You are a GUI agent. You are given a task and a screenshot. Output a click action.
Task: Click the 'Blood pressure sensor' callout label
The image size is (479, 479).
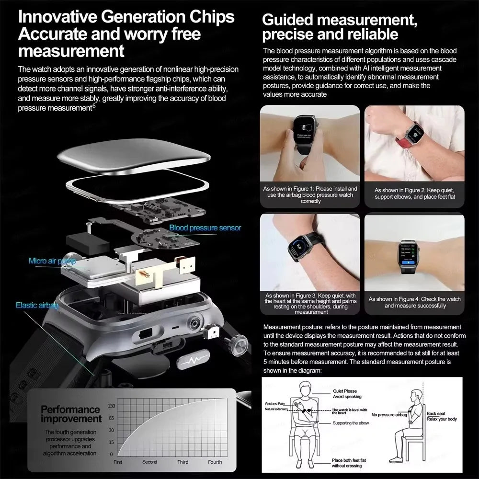pos(205,228)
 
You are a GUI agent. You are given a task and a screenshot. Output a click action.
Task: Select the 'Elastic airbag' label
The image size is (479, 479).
pos(37,305)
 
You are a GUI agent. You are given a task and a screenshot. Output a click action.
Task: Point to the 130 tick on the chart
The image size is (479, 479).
pos(111,406)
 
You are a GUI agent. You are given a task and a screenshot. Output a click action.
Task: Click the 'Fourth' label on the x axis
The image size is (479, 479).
pos(215,462)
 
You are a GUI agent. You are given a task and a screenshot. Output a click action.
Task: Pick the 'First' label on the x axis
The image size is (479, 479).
pos(118,462)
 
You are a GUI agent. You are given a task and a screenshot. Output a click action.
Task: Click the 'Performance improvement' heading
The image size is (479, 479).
pos(71,414)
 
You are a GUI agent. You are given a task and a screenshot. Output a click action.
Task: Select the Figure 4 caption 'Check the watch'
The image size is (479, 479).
pos(415,302)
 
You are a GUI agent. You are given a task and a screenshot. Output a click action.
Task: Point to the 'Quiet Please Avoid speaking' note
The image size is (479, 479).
pos(347,394)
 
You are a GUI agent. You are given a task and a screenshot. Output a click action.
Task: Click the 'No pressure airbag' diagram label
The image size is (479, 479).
pos(389,415)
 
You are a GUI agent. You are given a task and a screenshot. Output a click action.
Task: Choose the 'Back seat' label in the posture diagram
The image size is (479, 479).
pos(436,413)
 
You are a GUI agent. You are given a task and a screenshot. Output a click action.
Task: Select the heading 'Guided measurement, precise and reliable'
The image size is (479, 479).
pos(337,27)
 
